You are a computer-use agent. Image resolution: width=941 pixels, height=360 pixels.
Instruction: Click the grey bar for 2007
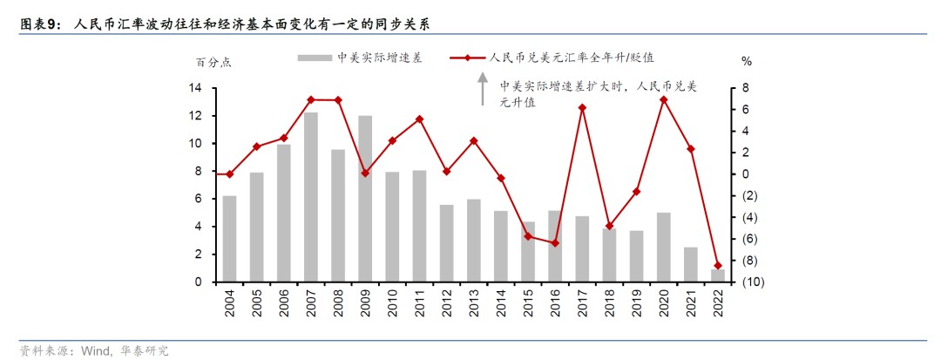[x=311, y=197]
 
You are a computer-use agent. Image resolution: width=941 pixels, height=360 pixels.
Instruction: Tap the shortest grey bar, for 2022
[x=717, y=275]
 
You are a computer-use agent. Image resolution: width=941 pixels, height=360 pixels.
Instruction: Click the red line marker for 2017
[x=581, y=108]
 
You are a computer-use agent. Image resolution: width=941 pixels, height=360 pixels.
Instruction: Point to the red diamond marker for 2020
[x=663, y=99]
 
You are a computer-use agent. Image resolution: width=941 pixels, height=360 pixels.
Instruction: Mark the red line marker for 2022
[x=717, y=265]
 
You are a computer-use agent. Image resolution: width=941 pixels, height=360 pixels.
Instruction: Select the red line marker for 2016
[x=554, y=243]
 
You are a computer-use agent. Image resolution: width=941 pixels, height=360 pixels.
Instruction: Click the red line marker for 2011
[x=419, y=119]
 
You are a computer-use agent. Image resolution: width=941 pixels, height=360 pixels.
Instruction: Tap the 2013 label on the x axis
[x=473, y=304]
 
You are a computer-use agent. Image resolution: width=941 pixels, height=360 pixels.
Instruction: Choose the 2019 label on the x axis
[x=636, y=304]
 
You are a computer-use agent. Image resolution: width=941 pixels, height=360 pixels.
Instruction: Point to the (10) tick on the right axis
[x=754, y=282]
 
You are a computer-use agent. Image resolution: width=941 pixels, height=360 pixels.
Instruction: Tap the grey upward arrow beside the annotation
[x=481, y=89]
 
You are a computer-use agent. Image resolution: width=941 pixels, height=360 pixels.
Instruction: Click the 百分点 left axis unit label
[x=213, y=62]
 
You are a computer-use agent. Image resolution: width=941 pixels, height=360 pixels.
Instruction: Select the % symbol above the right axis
[x=746, y=62]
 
